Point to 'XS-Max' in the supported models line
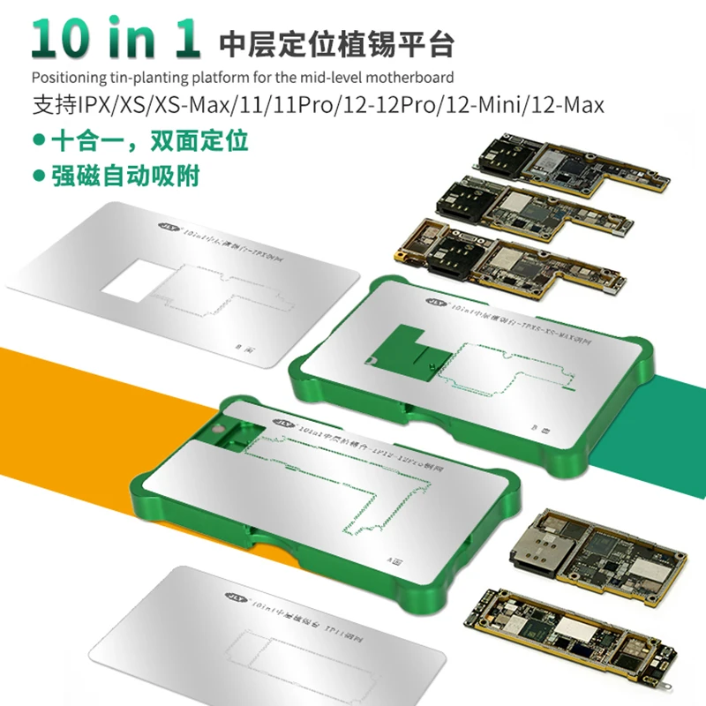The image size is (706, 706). pos(189,105)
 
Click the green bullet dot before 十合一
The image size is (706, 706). pos(39,140)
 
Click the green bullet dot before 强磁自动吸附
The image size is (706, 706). pos(39,175)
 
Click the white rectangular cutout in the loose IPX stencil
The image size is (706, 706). pos(133,282)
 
